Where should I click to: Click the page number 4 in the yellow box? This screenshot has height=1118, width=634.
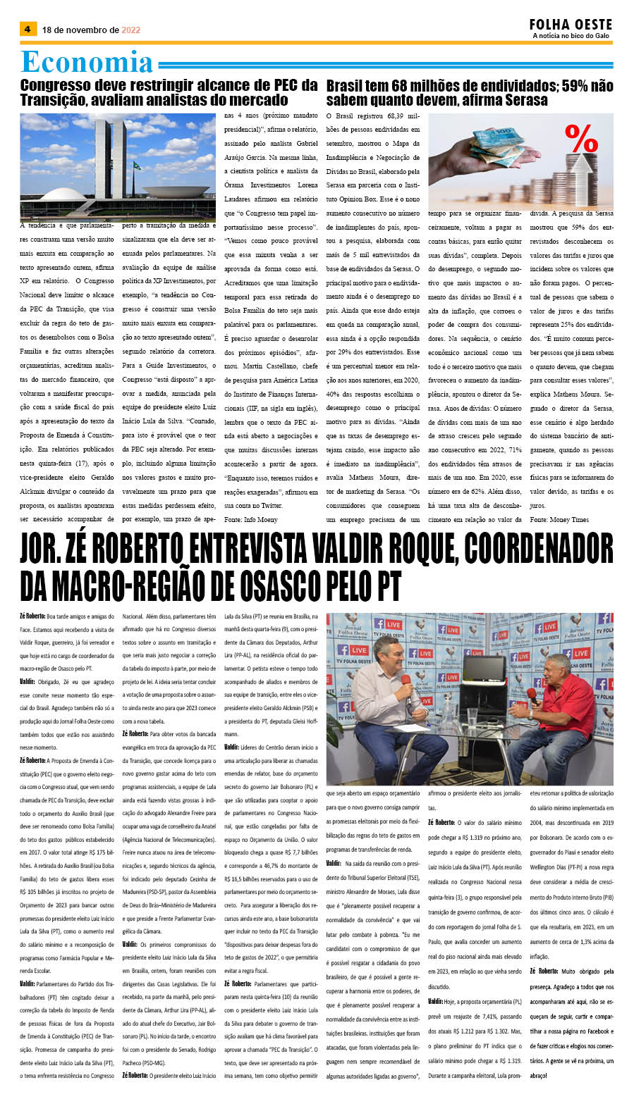tap(28, 30)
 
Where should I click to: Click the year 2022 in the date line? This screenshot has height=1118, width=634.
tap(131, 30)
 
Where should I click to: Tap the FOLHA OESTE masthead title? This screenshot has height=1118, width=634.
tap(571, 25)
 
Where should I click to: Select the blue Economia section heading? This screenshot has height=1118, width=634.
tap(87, 62)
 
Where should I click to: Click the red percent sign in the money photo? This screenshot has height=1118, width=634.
tap(582, 139)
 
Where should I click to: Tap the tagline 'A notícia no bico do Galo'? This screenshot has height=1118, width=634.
tap(571, 36)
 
